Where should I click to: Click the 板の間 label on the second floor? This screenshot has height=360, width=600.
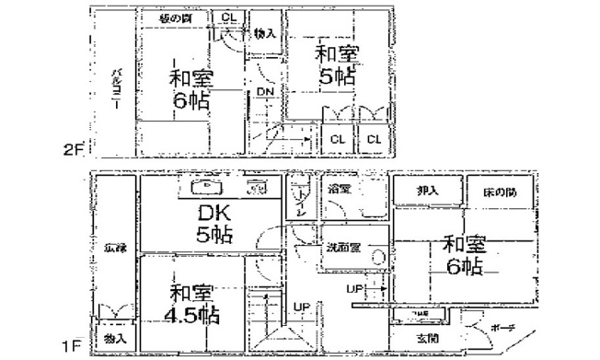point(175,17)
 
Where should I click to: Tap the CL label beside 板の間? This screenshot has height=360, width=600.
point(228,17)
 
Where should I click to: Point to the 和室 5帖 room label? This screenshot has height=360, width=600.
point(337,64)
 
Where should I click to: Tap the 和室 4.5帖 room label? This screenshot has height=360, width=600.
point(193,304)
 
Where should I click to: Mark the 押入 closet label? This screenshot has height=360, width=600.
point(425,191)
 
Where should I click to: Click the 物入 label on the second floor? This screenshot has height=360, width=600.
point(264,34)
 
